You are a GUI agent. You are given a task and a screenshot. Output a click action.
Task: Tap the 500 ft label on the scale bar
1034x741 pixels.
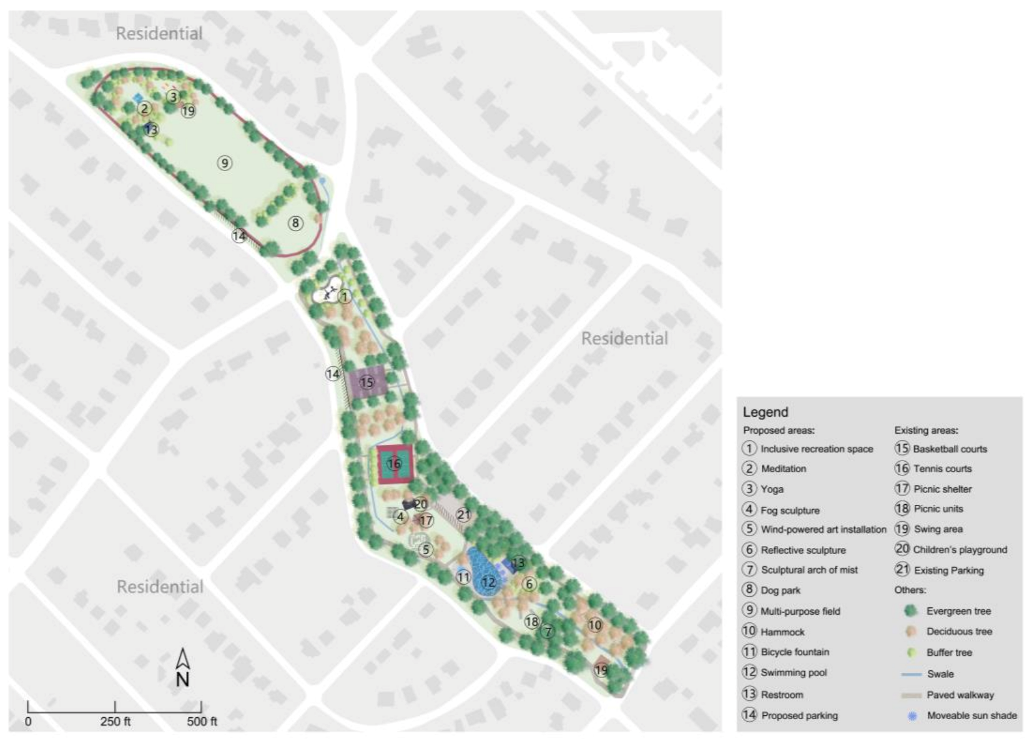click(x=202, y=722)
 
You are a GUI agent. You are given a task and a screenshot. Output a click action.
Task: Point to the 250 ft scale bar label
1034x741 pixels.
click(x=116, y=722)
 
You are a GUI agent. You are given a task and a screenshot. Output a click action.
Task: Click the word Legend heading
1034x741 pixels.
click(x=765, y=412)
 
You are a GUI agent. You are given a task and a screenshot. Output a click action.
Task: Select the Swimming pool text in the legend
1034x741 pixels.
click(x=794, y=673)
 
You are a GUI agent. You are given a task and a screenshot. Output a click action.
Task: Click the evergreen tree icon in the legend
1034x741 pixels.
click(x=911, y=610)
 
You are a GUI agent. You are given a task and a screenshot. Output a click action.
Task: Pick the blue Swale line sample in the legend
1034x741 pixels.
click(x=911, y=674)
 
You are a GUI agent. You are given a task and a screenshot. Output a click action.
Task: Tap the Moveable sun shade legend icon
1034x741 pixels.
click(x=912, y=716)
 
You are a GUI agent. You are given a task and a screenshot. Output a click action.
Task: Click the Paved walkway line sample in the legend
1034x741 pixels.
click(x=911, y=695)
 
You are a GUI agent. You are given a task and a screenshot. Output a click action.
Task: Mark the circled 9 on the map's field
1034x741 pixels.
click(x=225, y=163)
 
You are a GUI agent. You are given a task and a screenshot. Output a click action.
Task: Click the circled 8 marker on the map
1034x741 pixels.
click(x=295, y=223)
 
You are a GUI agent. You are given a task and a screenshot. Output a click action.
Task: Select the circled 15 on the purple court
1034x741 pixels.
click(x=367, y=382)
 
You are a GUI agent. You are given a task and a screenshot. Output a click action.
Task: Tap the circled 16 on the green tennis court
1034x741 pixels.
click(x=394, y=464)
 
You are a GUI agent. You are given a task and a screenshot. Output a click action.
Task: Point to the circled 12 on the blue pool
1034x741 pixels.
click(x=488, y=582)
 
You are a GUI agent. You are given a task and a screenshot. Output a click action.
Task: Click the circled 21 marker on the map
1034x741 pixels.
click(x=463, y=515)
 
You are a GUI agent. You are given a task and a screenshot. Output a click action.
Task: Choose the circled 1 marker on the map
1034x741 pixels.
click(x=345, y=296)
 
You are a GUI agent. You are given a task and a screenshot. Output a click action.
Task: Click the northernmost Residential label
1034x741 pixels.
click(x=159, y=34)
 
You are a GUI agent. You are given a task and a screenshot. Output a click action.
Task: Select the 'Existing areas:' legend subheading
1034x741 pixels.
click(x=925, y=430)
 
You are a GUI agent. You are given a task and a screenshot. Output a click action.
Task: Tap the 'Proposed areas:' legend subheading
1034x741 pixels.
click(x=779, y=430)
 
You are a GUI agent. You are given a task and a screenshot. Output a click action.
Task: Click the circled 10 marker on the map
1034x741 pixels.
click(x=594, y=625)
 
